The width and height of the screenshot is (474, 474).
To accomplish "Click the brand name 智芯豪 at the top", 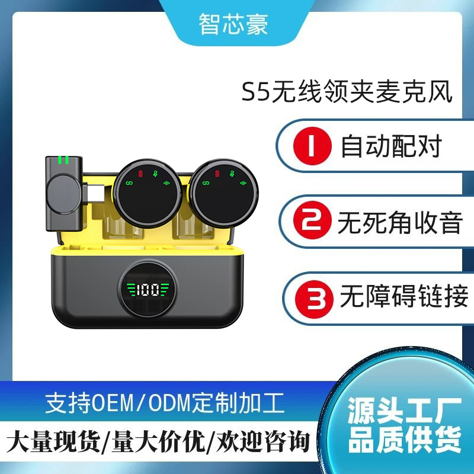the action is (233, 24).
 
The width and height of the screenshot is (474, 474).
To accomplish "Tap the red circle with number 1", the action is (312, 146).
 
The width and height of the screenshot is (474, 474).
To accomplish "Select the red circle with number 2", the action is (312, 220).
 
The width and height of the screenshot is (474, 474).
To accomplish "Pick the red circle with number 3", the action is (314, 299).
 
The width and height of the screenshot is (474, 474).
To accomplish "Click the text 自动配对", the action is (391, 146).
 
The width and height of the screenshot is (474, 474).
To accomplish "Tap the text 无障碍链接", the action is (404, 296).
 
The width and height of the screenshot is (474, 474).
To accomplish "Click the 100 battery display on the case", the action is (148, 290).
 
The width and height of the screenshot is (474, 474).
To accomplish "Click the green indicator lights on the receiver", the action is (63, 160).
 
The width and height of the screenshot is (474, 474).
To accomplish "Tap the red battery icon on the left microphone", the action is (140, 174).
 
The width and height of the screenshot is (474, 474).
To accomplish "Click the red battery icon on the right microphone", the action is (217, 173).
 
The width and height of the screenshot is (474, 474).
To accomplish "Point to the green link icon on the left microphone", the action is (129, 183).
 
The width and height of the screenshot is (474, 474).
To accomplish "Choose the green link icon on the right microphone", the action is (206, 183).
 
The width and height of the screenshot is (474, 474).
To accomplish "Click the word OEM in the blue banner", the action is (113, 403).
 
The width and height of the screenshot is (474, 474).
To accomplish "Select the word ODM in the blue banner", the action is (170, 403).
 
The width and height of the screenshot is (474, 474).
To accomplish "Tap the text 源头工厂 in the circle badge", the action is (405, 411).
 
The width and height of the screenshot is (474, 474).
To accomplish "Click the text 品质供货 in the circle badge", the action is (405, 440).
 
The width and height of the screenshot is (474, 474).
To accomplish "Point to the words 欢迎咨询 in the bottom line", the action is (262, 442).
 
